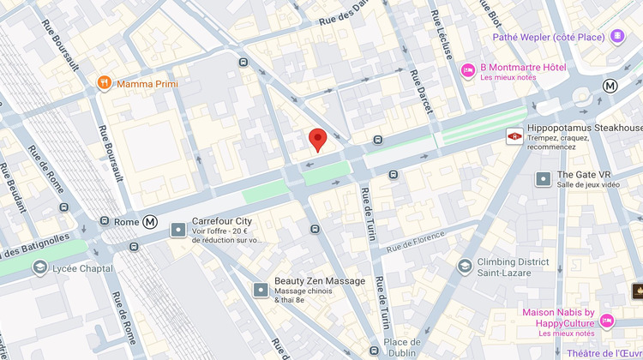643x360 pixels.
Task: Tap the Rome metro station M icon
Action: [x=150, y=221]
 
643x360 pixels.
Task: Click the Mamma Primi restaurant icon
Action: [x=104, y=83]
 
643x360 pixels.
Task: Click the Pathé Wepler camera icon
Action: [x=617, y=36]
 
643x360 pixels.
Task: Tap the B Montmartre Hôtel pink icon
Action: [x=468, y=70]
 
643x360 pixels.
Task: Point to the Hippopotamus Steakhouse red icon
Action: [x=514, y=136]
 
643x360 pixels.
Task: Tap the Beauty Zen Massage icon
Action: [x=261, y=289]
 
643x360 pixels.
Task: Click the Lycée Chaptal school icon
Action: [x=39, y=268]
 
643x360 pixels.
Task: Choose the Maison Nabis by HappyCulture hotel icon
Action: [x=607, y=321]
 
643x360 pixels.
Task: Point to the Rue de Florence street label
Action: [x=416, y=242]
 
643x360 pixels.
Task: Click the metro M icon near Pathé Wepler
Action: [x=610, y=86]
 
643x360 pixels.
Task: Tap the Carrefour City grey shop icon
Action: [x=177, y=230]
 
